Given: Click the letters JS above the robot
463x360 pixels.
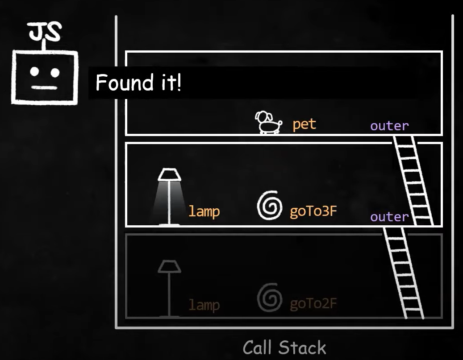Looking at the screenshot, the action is click(x=45, y=31).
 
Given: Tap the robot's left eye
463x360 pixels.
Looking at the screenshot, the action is click(x=34, y=72).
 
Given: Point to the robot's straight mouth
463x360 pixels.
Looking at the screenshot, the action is click(x=44, y=87).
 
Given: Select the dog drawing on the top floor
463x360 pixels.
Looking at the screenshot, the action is click(x=268, y=122).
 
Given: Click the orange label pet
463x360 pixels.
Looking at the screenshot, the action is click(x=304, y=124).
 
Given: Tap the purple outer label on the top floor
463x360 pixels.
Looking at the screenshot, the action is click(x=389, y=126).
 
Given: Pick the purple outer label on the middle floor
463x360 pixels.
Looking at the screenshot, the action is click(x=389, y=217).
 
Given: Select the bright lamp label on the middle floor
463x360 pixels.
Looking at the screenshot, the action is click(x=204, y=211).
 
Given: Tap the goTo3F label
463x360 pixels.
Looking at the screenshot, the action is click(x=313, y=211).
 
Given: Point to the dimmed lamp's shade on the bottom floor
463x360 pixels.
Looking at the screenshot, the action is click(x=169, y=266).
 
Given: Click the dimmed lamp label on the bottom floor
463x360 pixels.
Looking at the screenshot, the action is click(x=204, y=305).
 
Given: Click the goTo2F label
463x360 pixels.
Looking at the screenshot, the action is click(x=313, y=304).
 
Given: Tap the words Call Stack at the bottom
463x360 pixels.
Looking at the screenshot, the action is click(x=284, y=348).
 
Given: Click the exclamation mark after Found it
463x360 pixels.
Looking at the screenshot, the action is click(x=179, y=83).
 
